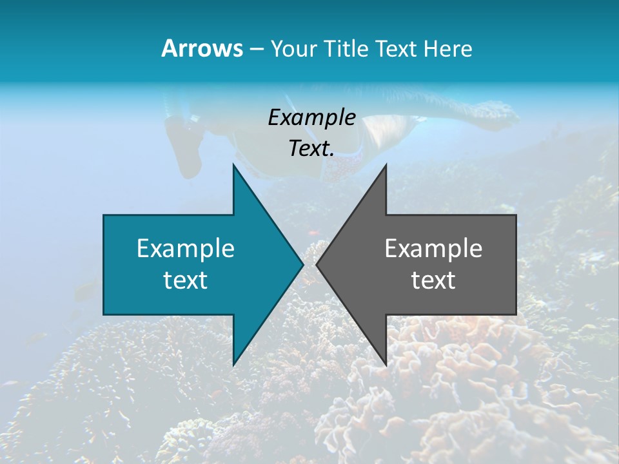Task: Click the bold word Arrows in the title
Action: pos(202,48)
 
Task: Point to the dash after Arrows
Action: pos(256,49)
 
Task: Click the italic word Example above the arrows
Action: pos(311,117)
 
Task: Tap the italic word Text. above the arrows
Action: pos(311,149)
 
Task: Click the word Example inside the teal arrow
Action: pos(185,248)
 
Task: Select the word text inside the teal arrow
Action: pos(185,280)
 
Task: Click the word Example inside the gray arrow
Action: pos(433,248)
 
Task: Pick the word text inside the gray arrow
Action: pos(433,280)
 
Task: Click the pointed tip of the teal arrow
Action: pos(302,265)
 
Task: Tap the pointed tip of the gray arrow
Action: pos(317,265)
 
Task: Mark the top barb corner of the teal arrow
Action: pos(233,165)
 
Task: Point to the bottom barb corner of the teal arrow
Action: pos(233,365)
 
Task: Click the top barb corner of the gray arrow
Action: pos(386,165)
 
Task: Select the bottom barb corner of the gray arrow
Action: pos(386,365)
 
